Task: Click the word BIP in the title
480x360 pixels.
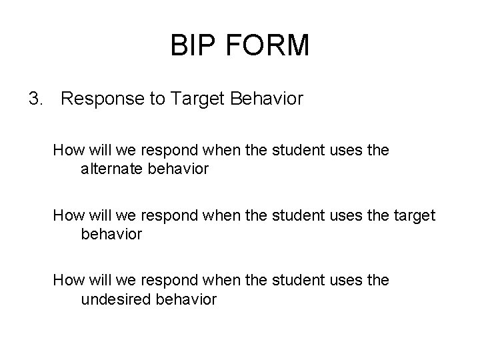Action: (x=193, y=46)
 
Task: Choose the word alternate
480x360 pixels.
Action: (x=115, y=169)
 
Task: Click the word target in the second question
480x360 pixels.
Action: (x=413, y=216)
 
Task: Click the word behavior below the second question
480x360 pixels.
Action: (x=111, y=235)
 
